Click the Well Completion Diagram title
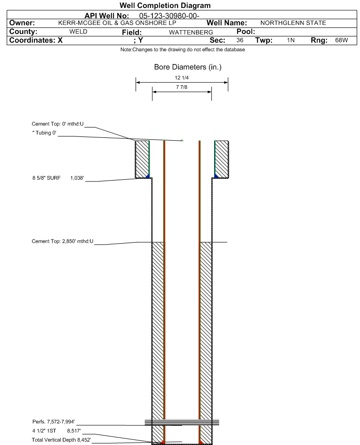coord(165,5)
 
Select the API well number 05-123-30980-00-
coord(169,16)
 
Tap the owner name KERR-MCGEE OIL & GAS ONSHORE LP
coord(117,23)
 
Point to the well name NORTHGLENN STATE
coord(293,23)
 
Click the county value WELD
coord(79,32)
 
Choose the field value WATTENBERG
coord(191,32)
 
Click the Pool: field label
coord(246,32)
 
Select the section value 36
coord(240,40)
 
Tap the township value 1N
coord(291,40)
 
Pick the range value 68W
coord(341,40)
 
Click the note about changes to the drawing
coord(183,50)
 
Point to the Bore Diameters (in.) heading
coord(188,67)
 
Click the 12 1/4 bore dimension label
coord(182,78)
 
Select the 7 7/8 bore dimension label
coord(182,87)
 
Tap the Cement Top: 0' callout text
coord(57,124)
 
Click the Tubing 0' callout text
coord(44,133)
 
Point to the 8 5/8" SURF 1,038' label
coord(58,178)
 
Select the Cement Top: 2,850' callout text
coord(63,241)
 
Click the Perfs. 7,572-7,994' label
coord(54,422)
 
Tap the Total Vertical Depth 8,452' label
coord(61,440)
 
